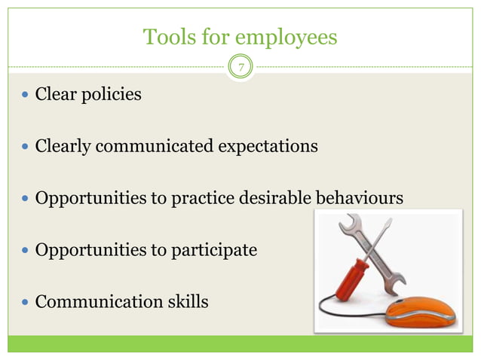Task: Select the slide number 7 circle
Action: pos(240,68)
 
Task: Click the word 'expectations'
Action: pos(268,146)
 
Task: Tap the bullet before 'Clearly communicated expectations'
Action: pos(26,146)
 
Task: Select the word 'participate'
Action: pos(217,250)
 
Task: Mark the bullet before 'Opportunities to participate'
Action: pos(26,250)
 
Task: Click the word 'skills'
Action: pos(186,302)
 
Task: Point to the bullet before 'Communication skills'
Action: pos(26,302)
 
